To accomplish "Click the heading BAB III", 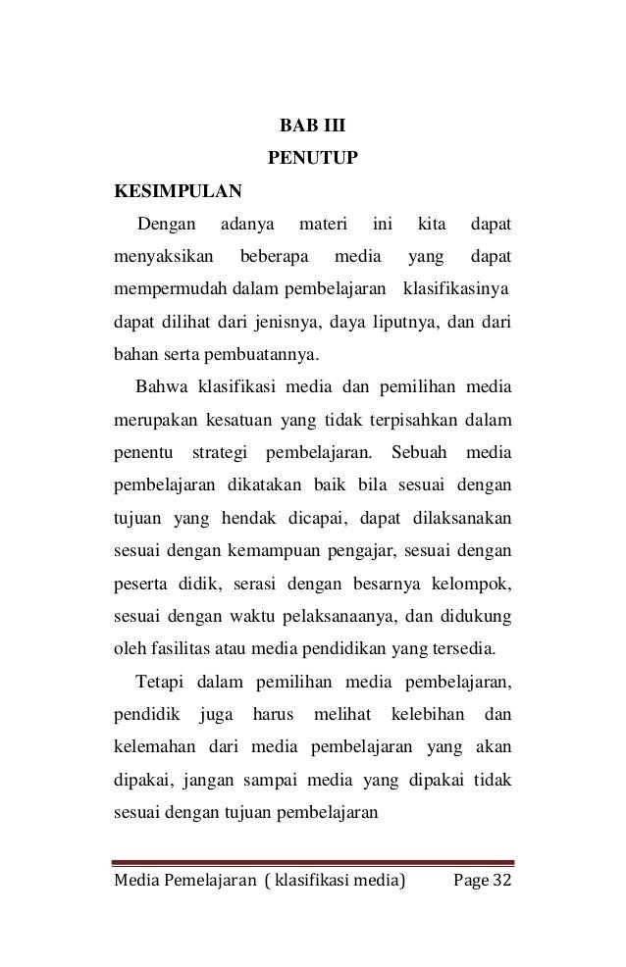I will (312, 127).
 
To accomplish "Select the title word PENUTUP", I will (312, 157).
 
